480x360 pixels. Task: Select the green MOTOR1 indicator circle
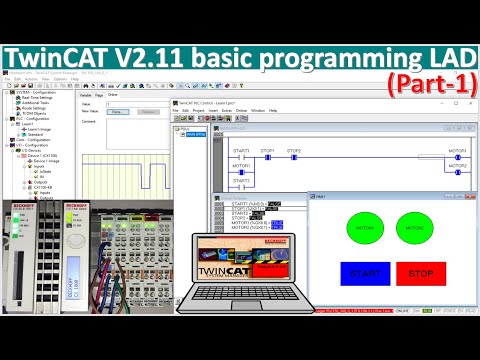pos(365,228)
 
